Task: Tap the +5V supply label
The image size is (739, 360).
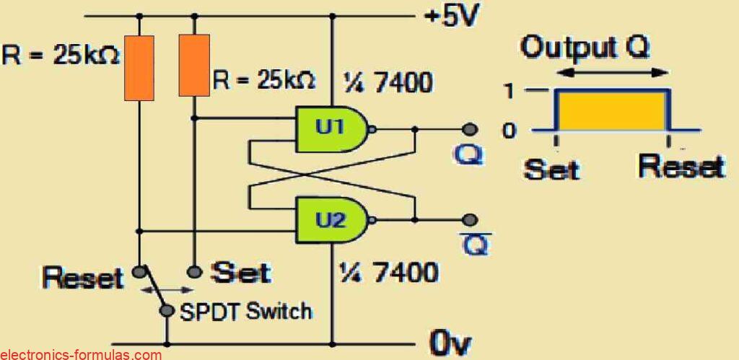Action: pos(451,16)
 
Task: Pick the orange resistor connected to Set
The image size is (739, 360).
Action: pos(194,64)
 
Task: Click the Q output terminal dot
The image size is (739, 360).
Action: pos(470,130)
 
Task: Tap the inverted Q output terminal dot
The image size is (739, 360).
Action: pos(470,219)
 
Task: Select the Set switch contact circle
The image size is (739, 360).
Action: pos(193,272)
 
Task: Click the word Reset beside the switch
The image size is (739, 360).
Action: pos(82,277)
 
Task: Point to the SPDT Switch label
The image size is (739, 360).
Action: pos(245,311)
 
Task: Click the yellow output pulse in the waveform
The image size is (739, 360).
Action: pos(611,110)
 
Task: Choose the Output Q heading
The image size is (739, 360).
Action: pos(585,49)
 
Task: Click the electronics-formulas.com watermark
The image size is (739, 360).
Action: pos(81,354)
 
